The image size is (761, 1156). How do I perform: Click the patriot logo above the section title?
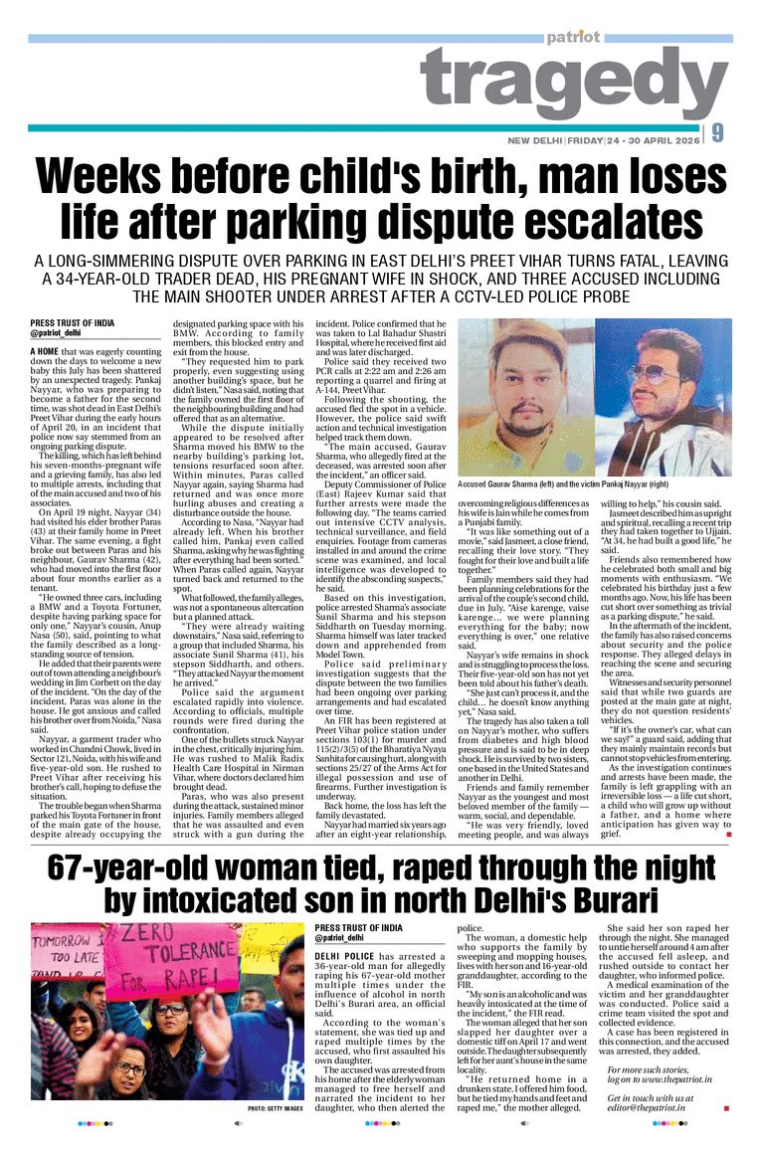572,38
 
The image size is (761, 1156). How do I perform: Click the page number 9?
718,133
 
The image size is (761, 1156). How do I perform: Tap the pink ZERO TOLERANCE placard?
172,961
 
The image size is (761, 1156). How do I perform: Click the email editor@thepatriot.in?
651,1107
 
